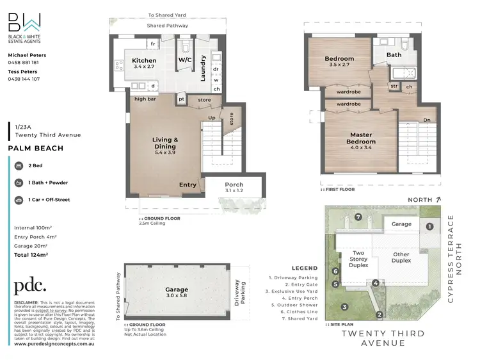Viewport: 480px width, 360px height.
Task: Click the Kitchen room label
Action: [144, 60]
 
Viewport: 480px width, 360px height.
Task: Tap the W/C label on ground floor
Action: [185, 61]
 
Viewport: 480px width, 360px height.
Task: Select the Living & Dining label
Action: [164, 143]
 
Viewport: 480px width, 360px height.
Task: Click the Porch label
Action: [234, 184]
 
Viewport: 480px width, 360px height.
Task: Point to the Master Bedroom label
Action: [361, 138]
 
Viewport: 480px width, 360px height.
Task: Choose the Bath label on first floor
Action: [394, 54]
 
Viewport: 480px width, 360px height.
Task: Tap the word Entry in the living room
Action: [188, 184]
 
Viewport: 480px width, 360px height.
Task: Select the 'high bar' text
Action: [145, 99]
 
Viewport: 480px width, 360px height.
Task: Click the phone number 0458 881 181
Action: [24, 62]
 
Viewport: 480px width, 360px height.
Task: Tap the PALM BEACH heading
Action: [35, 148]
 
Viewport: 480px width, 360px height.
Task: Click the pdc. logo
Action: [30, 286]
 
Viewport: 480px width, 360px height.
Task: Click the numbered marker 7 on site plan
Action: [358, 217]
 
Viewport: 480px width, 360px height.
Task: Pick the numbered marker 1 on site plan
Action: [430, 225]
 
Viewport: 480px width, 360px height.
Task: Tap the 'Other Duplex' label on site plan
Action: [401, 258]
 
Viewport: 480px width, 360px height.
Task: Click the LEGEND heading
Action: [304, 268]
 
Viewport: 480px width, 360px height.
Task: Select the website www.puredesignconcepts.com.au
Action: [54, 343]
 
